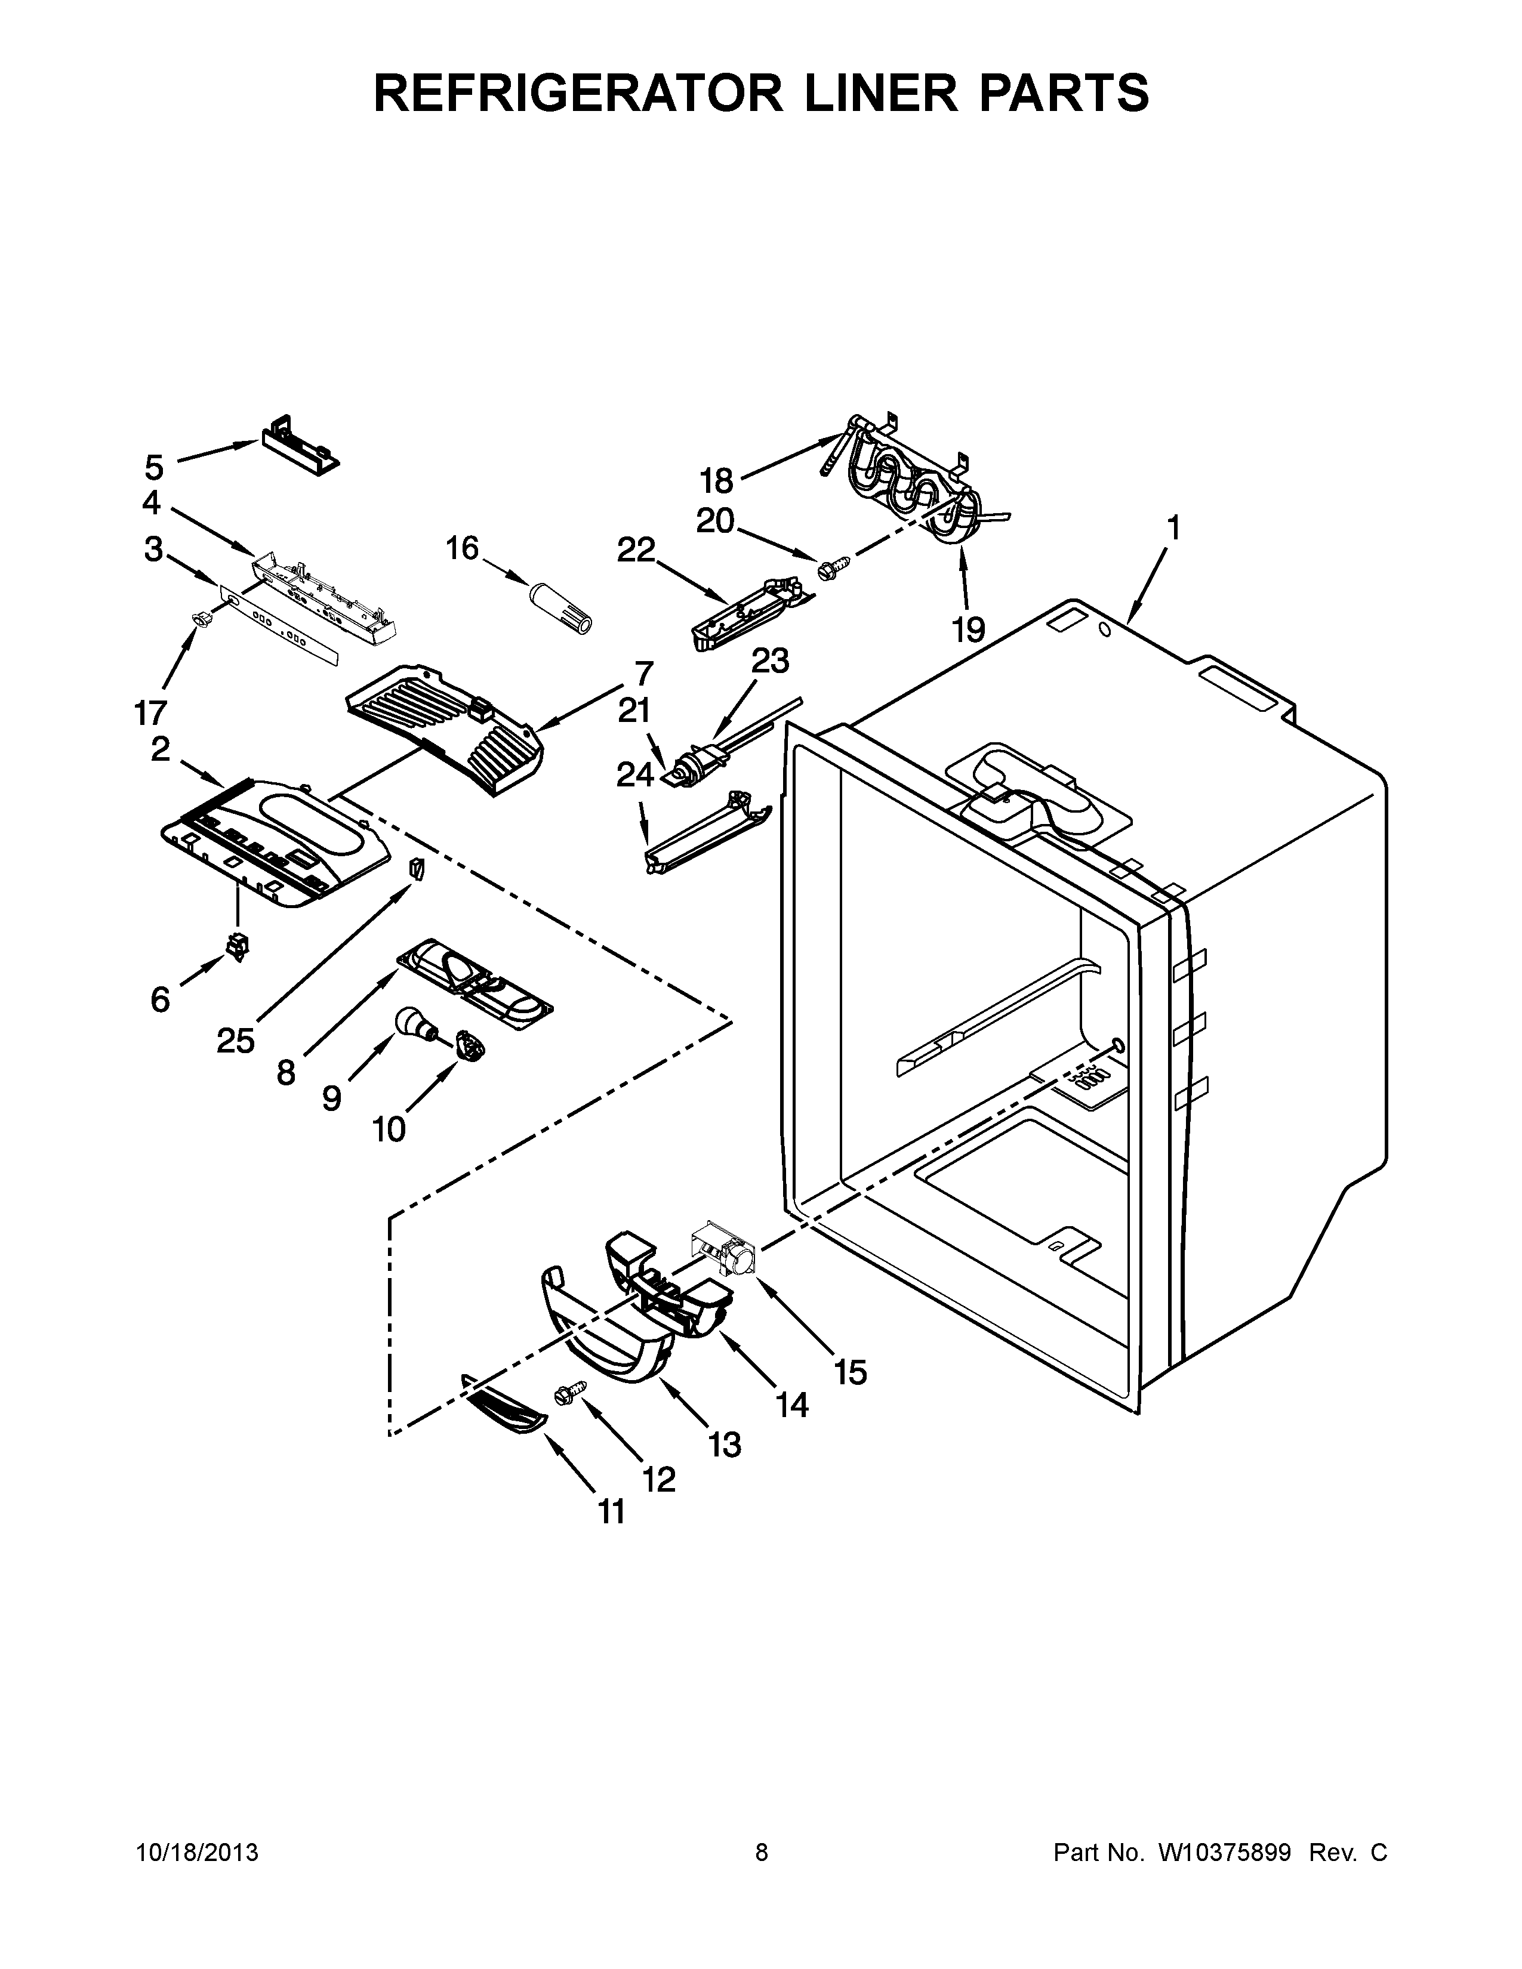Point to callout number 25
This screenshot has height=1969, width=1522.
[235, 1041]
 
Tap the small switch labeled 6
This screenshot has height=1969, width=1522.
[238, 947]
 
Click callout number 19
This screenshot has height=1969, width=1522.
[968, 630]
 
